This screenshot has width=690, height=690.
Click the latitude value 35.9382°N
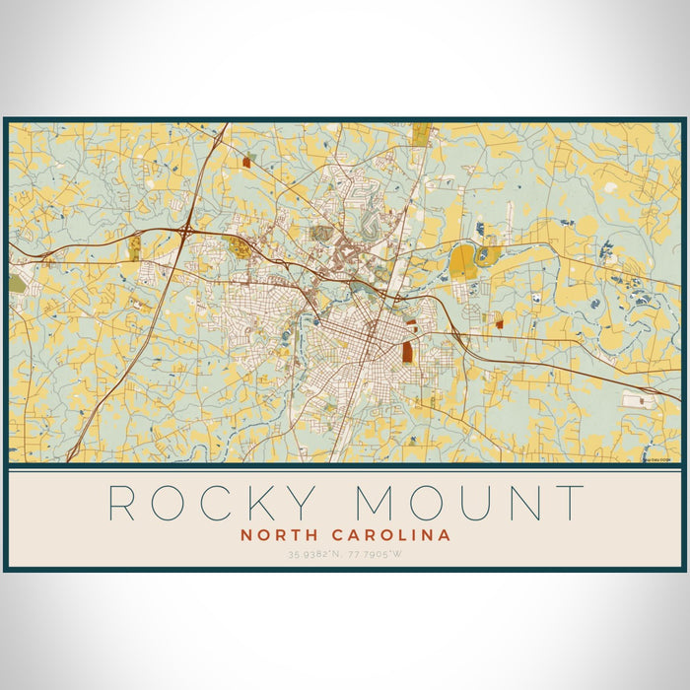[312, 554]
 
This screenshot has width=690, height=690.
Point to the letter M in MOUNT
[378, 503]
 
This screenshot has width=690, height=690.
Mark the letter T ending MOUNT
[565, 503]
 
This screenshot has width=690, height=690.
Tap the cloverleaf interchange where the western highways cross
[185, 231]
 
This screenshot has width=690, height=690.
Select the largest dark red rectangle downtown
[407, 353]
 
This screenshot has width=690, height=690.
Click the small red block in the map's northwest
[245, 160]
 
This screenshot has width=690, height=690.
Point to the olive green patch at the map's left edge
[17, 284]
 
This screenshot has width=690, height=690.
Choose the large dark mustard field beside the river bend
[462, 261]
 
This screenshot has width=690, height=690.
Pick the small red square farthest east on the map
[499, 322]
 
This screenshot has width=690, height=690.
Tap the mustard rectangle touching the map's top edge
[422, 133]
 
